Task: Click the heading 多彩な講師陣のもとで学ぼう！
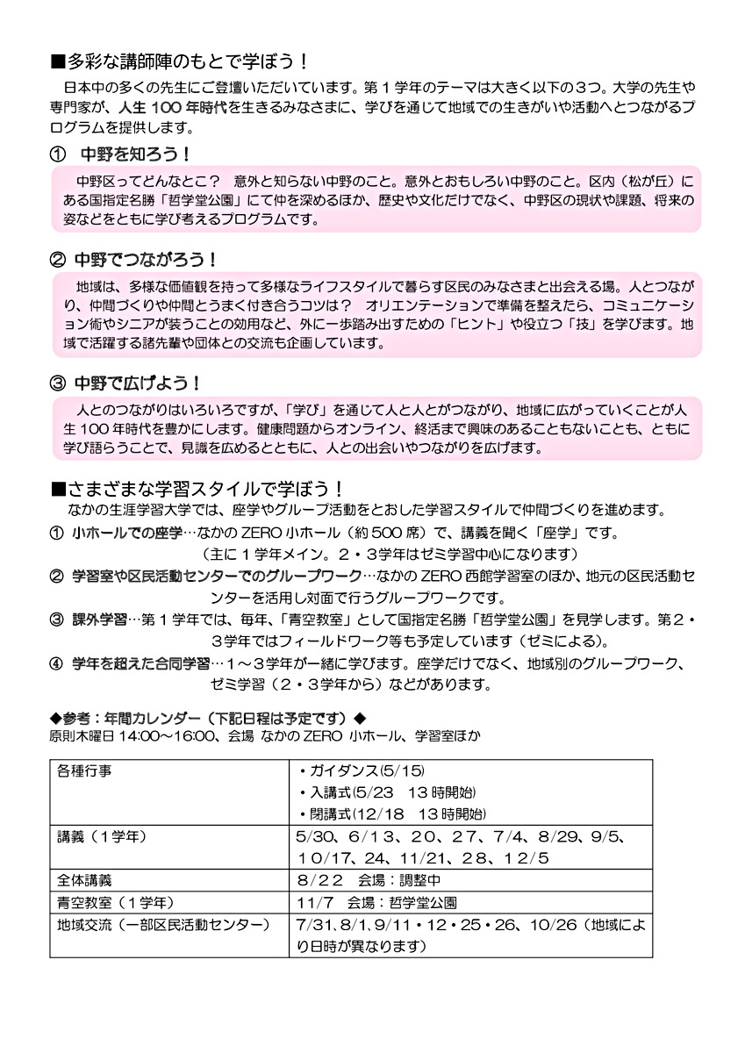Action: point(179,61)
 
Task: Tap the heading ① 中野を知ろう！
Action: point(121,154)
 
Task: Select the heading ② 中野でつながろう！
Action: point(133,261)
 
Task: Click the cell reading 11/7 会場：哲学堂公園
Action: point(377,901)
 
